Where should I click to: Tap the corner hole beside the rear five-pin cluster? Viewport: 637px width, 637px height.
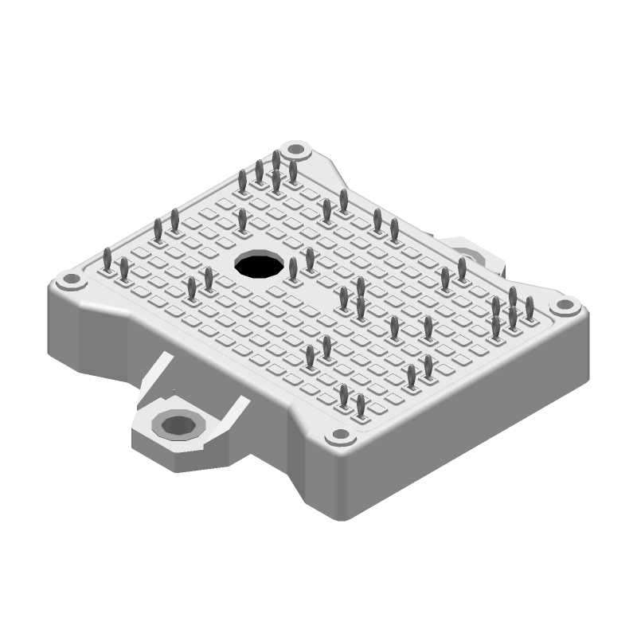coord(297,149)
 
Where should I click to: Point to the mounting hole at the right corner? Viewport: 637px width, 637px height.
coord(565,305)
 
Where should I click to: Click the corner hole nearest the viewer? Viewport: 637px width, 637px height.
coord(339,437)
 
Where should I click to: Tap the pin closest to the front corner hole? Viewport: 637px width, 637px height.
coord(361,407)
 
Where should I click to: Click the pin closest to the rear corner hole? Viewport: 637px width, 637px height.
coord(293,172)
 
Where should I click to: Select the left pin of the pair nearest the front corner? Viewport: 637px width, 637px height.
coord(344,397)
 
